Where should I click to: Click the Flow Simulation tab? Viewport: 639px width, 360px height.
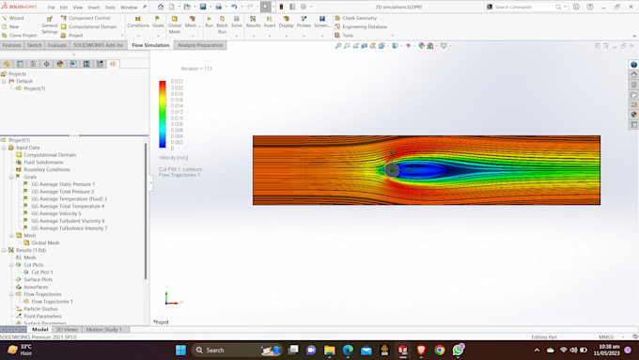pos(150,45)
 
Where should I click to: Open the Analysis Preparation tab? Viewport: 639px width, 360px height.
pos(200,45)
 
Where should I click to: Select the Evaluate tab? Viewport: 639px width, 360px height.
pos(57,45)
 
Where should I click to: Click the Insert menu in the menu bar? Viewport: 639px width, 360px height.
pos(93,7)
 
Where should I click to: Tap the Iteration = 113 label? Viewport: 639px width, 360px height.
pos(196,69)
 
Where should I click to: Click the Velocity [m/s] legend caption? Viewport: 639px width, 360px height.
pos(174,158)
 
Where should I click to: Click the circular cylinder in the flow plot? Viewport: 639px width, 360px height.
pos(392,170)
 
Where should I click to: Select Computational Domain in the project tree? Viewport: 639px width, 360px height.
pos(50,155)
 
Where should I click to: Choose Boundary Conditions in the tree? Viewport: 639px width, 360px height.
pos(47,170)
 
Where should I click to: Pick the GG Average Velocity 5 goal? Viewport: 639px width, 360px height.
pos(56,213)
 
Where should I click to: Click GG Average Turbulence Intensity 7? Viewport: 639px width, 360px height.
pos(70,228)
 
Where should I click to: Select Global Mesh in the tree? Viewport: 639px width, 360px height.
pos(45,243)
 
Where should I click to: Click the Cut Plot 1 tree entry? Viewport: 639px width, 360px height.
pos(43,273)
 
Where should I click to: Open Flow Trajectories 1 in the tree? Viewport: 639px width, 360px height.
pos(53,302)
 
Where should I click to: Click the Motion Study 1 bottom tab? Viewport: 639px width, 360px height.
pos(103,330)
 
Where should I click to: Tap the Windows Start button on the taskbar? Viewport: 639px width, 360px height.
pos(180,350)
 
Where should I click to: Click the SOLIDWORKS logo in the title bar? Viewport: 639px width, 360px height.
pos(20,7)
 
